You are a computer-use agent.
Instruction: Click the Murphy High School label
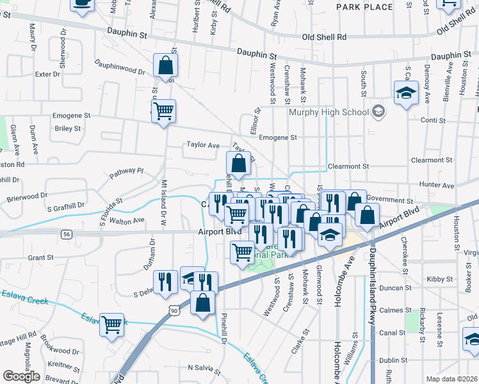point(329,112)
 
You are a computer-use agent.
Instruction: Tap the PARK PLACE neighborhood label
point(364,6)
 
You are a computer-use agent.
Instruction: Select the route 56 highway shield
point(67,235)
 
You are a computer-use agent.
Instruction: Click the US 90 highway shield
point(173,310)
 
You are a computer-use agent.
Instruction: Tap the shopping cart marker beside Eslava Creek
point(111,324)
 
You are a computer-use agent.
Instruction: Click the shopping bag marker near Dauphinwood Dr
point(165,65)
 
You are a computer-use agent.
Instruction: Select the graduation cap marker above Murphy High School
point(406,93)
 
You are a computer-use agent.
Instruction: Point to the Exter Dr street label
point(47,74)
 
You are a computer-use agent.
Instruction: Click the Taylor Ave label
point(202,145)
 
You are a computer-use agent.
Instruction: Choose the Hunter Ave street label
point(437,185)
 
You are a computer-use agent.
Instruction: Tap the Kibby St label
point(440,279)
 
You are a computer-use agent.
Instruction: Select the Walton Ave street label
point(127,221)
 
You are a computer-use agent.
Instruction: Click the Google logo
point(21,376)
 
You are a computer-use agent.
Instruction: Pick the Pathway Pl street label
point(126,172)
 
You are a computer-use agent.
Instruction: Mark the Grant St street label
point(40,257)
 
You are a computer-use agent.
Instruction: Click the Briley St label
point(68,128)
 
